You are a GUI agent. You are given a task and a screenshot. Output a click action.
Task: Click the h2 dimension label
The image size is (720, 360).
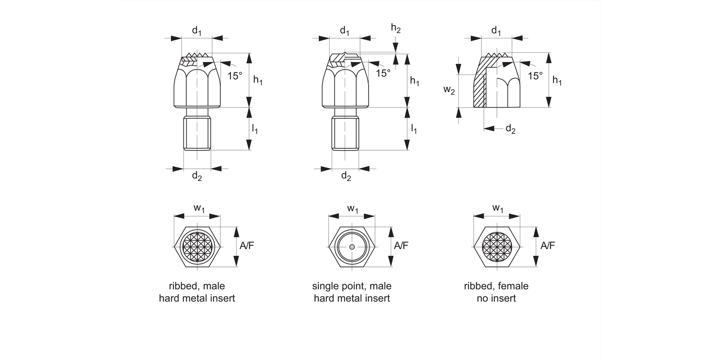[x=396, y=29]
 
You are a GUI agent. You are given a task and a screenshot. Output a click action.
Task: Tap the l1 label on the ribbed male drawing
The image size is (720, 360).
[x=255, y=129]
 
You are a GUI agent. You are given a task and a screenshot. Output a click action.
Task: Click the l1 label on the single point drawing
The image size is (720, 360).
[x=413, y=129]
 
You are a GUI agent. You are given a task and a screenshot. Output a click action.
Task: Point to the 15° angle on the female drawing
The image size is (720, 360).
[x=535, y=75]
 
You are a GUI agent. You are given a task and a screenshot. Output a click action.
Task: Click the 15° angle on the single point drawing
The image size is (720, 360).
[x=383, y=73]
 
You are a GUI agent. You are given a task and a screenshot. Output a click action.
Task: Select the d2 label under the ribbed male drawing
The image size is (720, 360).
[x=197, y=176]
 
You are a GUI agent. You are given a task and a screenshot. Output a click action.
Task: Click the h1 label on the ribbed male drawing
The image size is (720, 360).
[x=258, y=81]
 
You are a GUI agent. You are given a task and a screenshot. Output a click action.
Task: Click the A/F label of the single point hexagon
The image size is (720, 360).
[x=401, y=246]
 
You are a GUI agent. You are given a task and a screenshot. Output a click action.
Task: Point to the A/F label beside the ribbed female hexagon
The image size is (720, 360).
[x=548, y=246]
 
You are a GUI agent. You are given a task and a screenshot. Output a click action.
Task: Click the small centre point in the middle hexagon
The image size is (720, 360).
[x=352, y=247]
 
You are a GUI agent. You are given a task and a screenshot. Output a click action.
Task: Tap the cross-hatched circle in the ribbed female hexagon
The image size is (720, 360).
[x=497, y=247]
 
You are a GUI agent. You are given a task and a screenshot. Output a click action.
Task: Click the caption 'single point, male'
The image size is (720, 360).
[x=352, y=287]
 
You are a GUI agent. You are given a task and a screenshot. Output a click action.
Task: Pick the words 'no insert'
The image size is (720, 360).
[x=496, y=299]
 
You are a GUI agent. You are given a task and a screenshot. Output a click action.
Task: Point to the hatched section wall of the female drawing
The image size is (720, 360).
[x=480, y=89]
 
